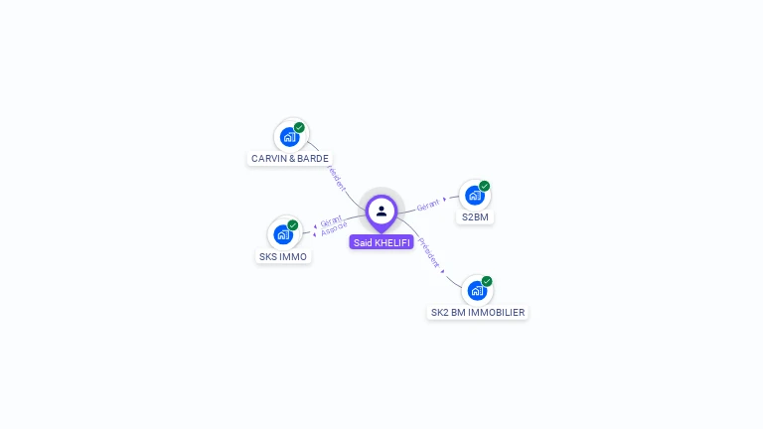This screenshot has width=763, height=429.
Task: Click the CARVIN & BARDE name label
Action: point(290,158)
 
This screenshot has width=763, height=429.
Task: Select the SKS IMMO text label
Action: point(283,256)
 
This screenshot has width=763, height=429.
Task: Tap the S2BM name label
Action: point(475,216)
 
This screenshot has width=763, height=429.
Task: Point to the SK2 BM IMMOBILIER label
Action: point(477,312)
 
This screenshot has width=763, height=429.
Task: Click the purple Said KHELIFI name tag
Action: point(381,242)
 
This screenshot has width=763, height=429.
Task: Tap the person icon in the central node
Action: point(381,211)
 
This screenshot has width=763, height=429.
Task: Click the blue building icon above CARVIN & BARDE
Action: point(289,136)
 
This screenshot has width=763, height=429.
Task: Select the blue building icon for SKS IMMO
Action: point(283,235)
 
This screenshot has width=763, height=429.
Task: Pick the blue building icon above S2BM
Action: point(474,196)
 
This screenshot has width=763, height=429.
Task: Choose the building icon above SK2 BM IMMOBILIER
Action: point(477,291)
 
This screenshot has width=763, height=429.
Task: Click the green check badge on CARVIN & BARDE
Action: point(299,127)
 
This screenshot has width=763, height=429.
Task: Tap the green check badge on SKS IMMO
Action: point(293,225)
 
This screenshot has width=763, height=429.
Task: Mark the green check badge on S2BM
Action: point(485,186)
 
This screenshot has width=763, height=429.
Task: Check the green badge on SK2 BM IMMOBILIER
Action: point(487,281)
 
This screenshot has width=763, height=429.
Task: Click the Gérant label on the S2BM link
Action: point(428,205)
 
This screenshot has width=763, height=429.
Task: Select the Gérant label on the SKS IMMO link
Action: point(331,220)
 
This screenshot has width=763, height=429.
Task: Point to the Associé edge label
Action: point(334,229)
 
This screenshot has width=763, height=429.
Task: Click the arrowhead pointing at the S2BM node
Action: point(445,199)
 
